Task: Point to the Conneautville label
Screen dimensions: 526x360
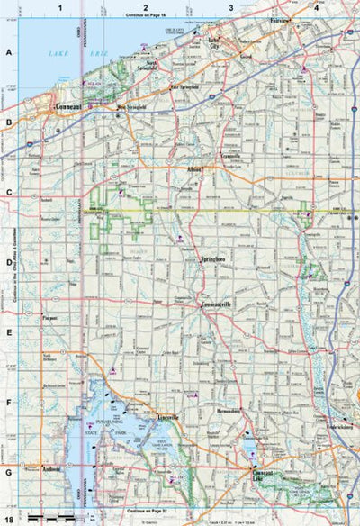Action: coord(217,304)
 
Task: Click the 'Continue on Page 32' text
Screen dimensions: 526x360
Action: coord(148,511)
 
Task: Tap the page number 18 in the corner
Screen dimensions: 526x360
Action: coord(8,520)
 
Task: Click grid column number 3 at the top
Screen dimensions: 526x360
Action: coord(231,7)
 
